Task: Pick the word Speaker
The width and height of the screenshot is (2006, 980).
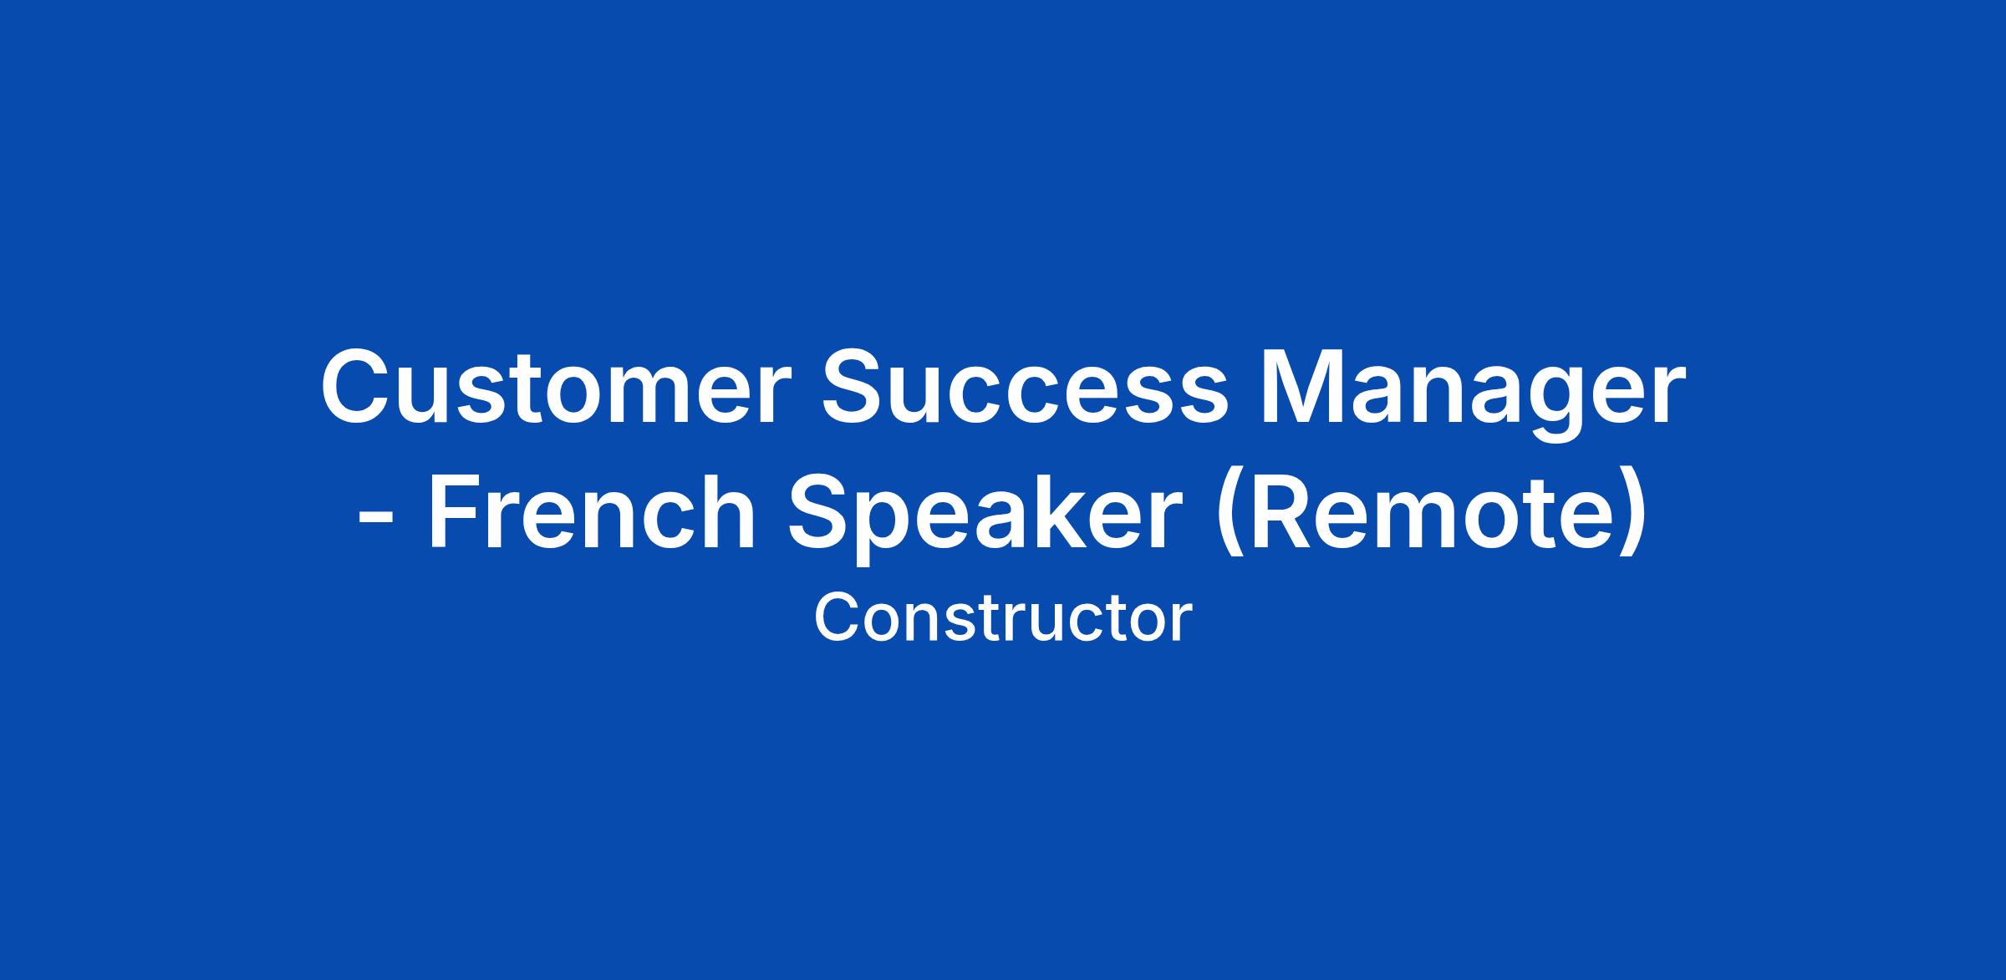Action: click(x=984, y=520)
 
